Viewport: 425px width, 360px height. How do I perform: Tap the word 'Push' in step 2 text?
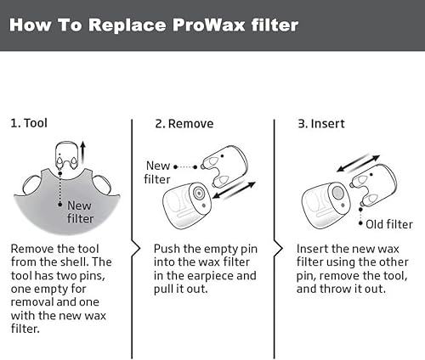pyautogui.click(x=167, y=248)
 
